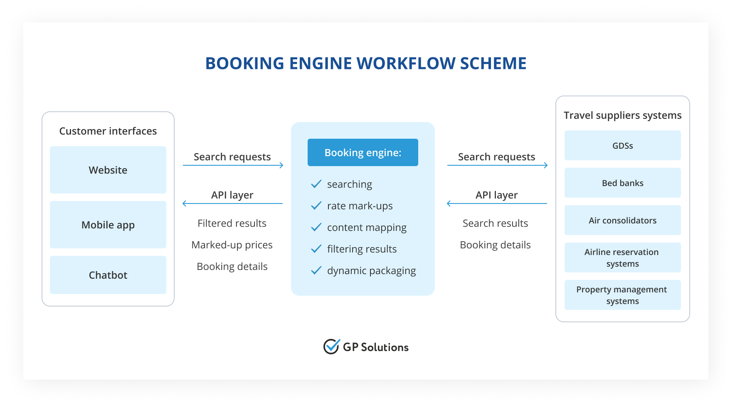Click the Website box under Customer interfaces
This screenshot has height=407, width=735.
(x=108, y=170)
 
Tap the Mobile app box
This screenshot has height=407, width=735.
(x=108, y=225)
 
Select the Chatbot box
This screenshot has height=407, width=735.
(x=108, y=275)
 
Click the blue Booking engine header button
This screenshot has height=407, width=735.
(x=363, y=152)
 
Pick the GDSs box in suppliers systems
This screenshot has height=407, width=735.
(x=622, y=145)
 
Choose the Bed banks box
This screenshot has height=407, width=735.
(x=622, y=183)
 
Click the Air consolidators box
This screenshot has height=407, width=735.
(x=622, y=220)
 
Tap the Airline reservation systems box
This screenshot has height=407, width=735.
(x=622, y=257)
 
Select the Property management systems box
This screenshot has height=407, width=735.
(x=622, y=295)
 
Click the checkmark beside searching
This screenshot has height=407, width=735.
(x=316, y=184)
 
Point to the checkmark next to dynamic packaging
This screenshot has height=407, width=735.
(x=316, y=270)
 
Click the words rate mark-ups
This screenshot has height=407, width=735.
(x=360, y=206)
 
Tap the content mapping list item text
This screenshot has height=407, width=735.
(x=367, y=228)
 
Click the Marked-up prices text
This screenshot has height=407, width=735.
(x=232, y=245)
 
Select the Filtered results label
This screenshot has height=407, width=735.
(x=232, y=223)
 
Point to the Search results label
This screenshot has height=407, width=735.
(x=495, y=223)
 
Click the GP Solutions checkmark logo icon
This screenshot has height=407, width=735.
(x=331, y=346)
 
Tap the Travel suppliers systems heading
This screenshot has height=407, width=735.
(x=622, y=115)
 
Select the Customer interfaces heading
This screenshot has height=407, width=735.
(x=108, y=131)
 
